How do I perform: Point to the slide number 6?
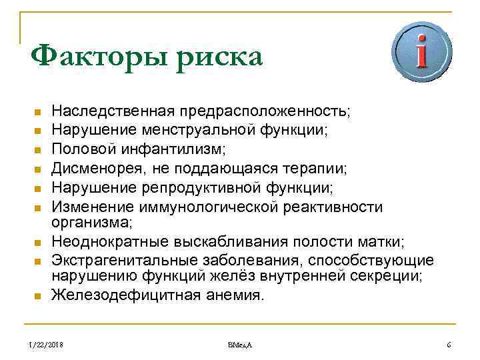(x=449, y=345)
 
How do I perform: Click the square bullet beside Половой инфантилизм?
(x=37, y=146)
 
